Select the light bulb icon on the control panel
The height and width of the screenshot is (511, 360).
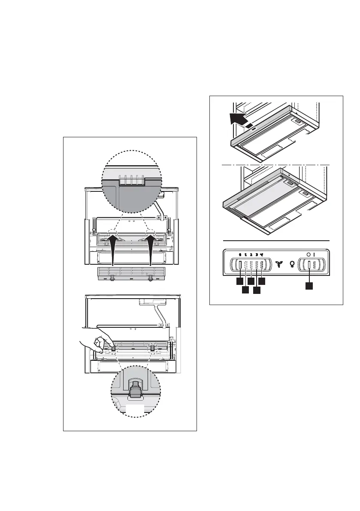tap(293, 264)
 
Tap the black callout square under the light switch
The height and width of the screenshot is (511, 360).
tap(309, 285)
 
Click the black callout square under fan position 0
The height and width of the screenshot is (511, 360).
tap(239, 282)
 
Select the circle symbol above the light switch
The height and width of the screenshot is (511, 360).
tap(308, 254)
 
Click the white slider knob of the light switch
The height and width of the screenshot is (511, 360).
tap(309, 265)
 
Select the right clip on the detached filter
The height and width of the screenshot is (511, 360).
tap(150, 278)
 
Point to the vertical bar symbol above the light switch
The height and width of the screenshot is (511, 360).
tap(314, 254)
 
